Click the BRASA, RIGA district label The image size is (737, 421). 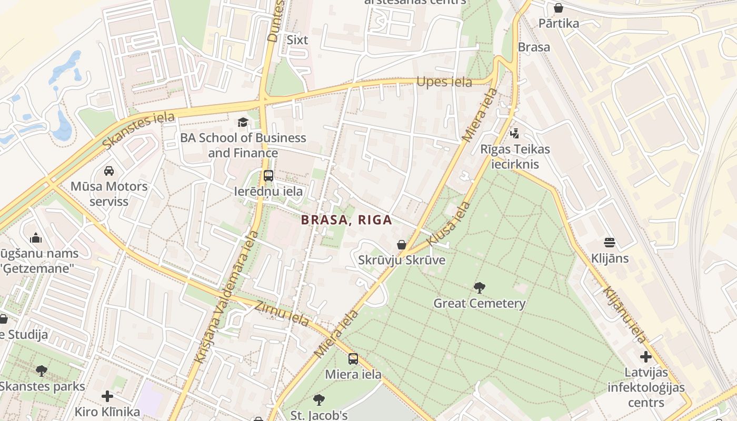click(x=347, y=220)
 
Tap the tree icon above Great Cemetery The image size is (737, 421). click(x=479, y=288)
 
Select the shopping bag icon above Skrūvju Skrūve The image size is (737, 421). click(x=401, y=245)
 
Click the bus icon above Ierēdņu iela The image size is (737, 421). click(x=268, y=176)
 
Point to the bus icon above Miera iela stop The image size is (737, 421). click(x=353, y=359)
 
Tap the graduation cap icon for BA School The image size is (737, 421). click(x=242, y=122)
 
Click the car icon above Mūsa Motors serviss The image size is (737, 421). click(x=109, y=171)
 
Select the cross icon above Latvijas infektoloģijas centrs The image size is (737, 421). click(x=646, y=357)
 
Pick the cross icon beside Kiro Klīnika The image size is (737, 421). click(x=107, y=396)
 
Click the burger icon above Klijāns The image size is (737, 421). click(x=610, y=243)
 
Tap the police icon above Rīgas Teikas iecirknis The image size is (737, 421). click(x=514, y=134)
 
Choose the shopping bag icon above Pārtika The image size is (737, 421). click(x=558, y=8)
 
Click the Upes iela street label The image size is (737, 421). click(x=444, y=82)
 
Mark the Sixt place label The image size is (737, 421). click(x=297, y=40)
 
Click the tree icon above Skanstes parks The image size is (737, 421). click(x=42, y=371)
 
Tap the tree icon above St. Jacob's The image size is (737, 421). click(x=318, y=400)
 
